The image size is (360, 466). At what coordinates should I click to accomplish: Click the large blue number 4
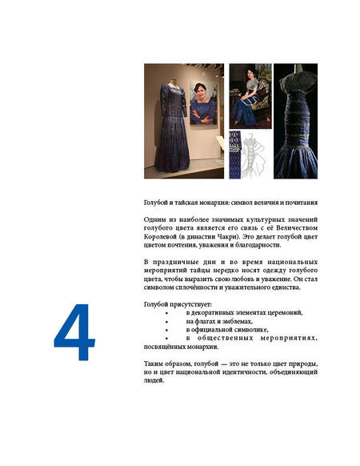[x=74, y=332]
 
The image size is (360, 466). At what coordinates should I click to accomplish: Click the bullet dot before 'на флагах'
[x=167, y=322]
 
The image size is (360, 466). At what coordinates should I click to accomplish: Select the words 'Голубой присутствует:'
[x=178, y=304]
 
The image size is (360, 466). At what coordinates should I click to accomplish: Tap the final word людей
[x=154, y=380]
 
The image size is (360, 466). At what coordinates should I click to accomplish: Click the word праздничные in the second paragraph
[x=175, y=263]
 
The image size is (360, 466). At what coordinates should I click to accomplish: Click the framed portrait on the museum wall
[x=204, y=102]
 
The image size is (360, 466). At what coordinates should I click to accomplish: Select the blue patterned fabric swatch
[x=234, y=155]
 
